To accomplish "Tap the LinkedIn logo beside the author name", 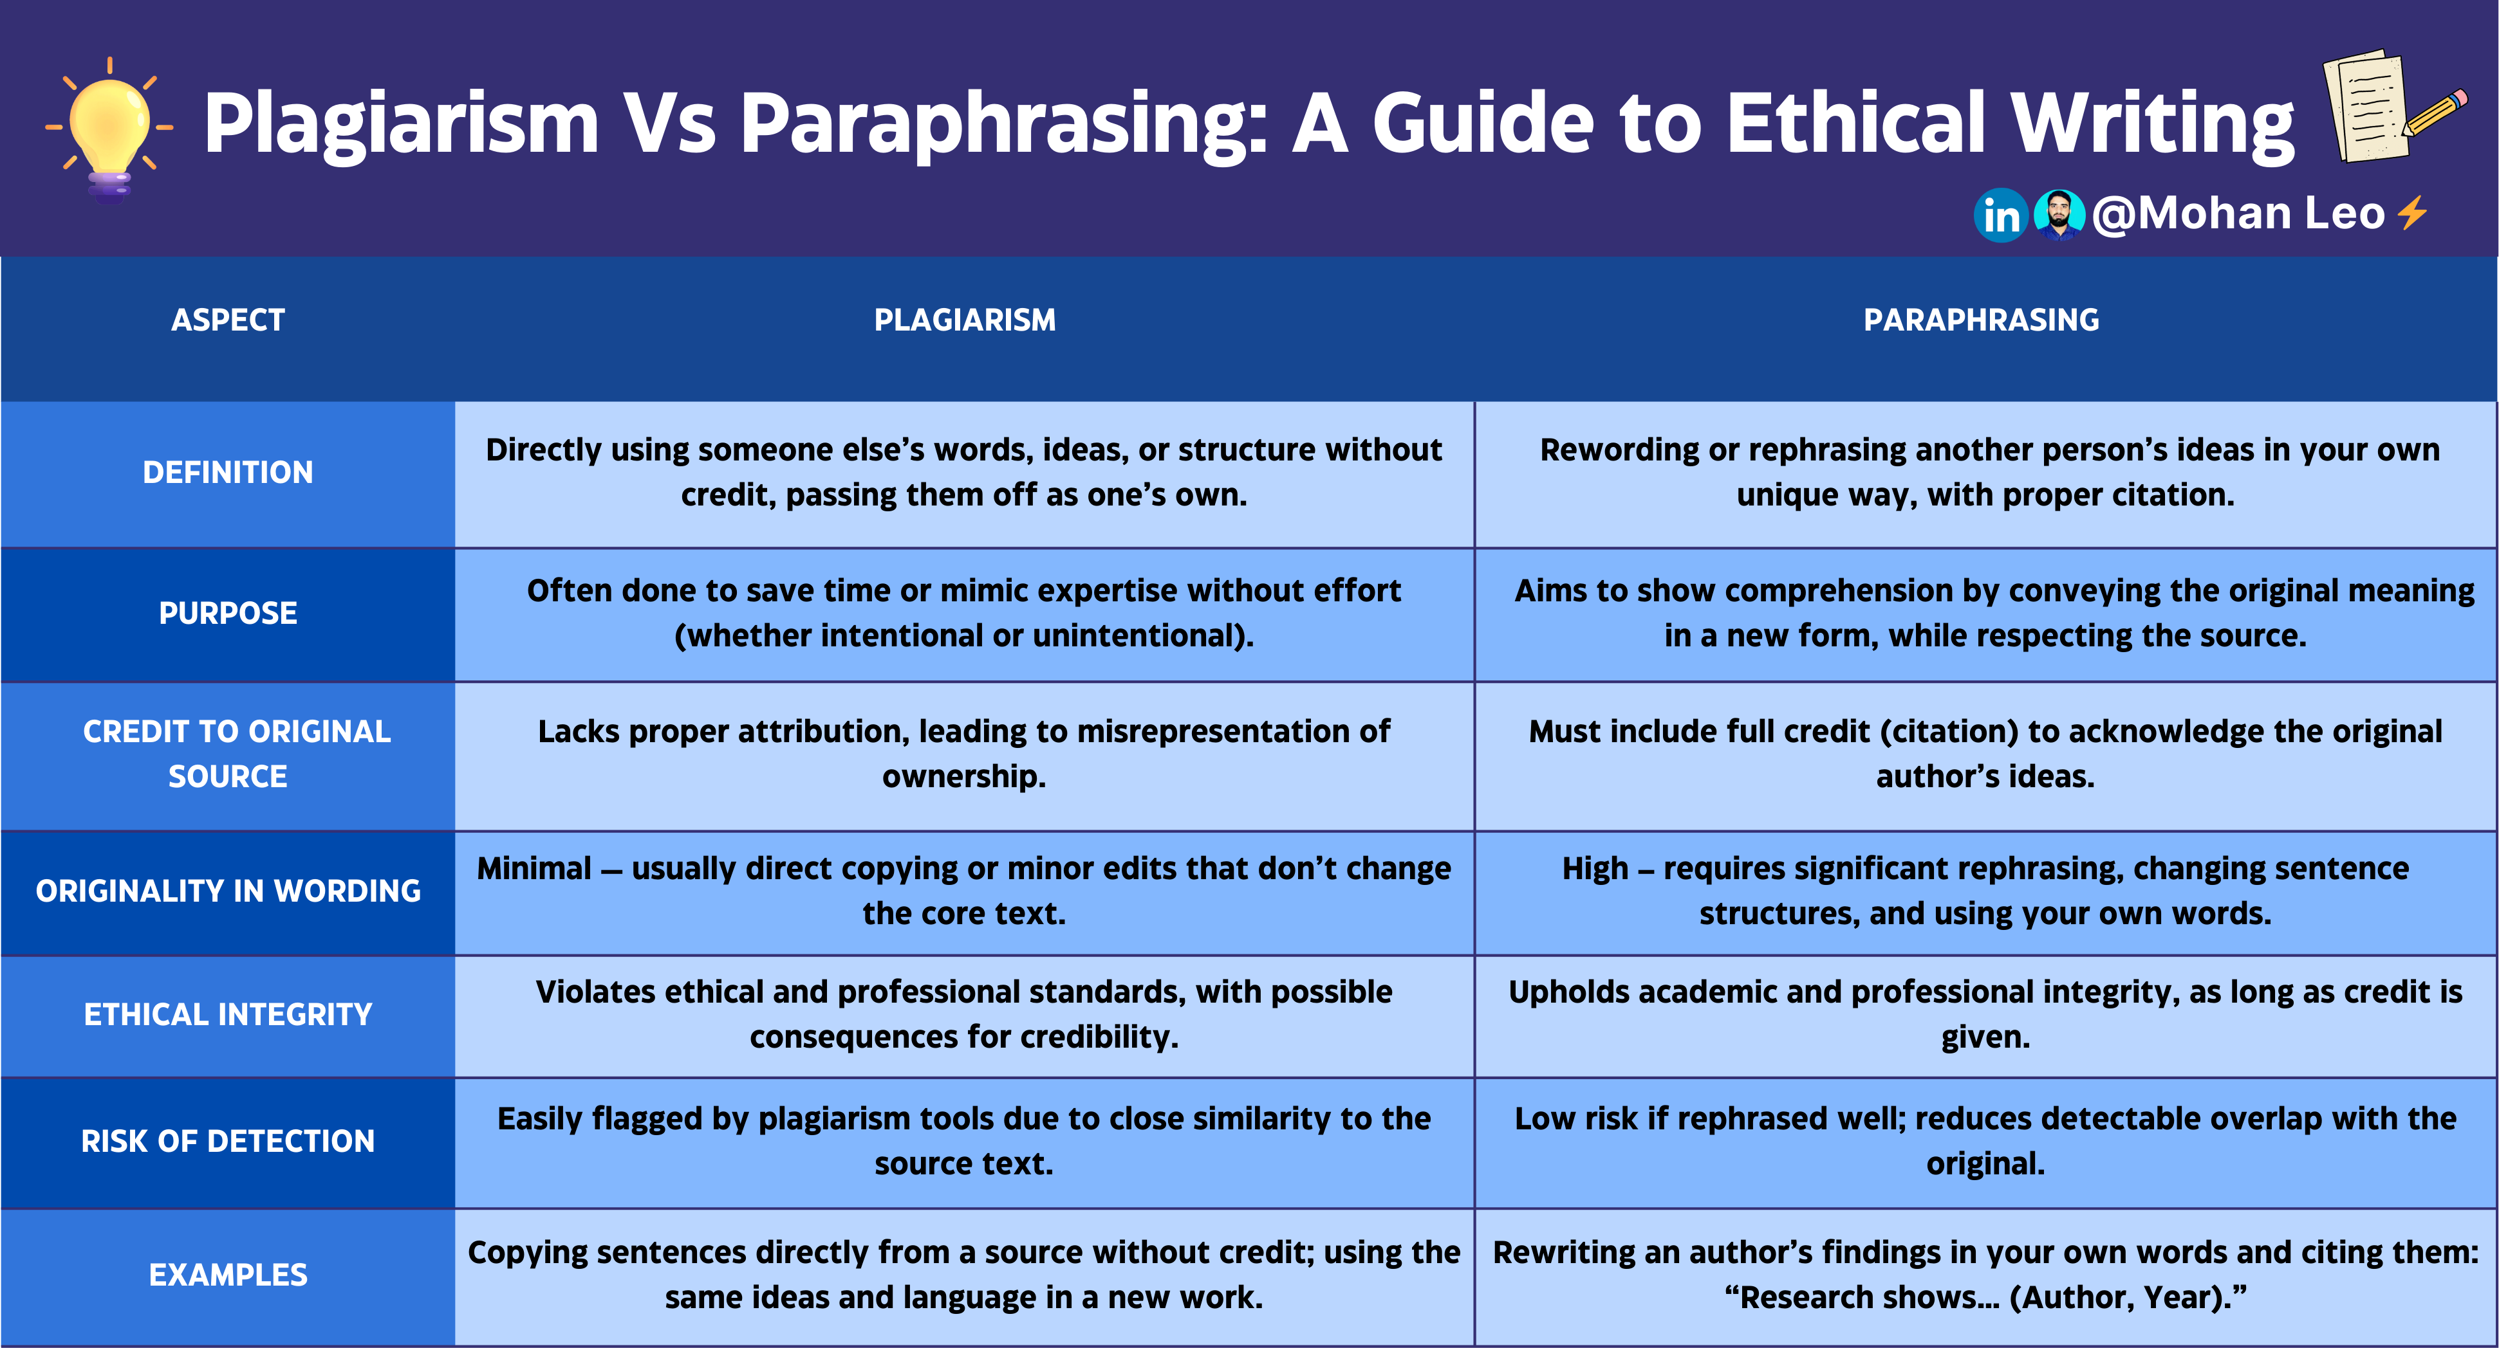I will pos(2000,215).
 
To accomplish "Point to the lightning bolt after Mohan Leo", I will pos(2413,214).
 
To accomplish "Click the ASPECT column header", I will pos(228,320).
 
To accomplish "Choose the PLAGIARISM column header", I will pos(964,320).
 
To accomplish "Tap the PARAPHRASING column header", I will pos(1981,320).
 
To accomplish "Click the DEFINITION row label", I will pos(228,472).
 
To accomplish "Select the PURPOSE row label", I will pos(228,613).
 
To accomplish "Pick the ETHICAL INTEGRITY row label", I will pos(228,1014).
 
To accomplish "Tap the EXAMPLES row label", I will pos(228,1274).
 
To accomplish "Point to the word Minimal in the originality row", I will pos(534,869).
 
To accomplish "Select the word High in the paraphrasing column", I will pos(1595,869).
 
